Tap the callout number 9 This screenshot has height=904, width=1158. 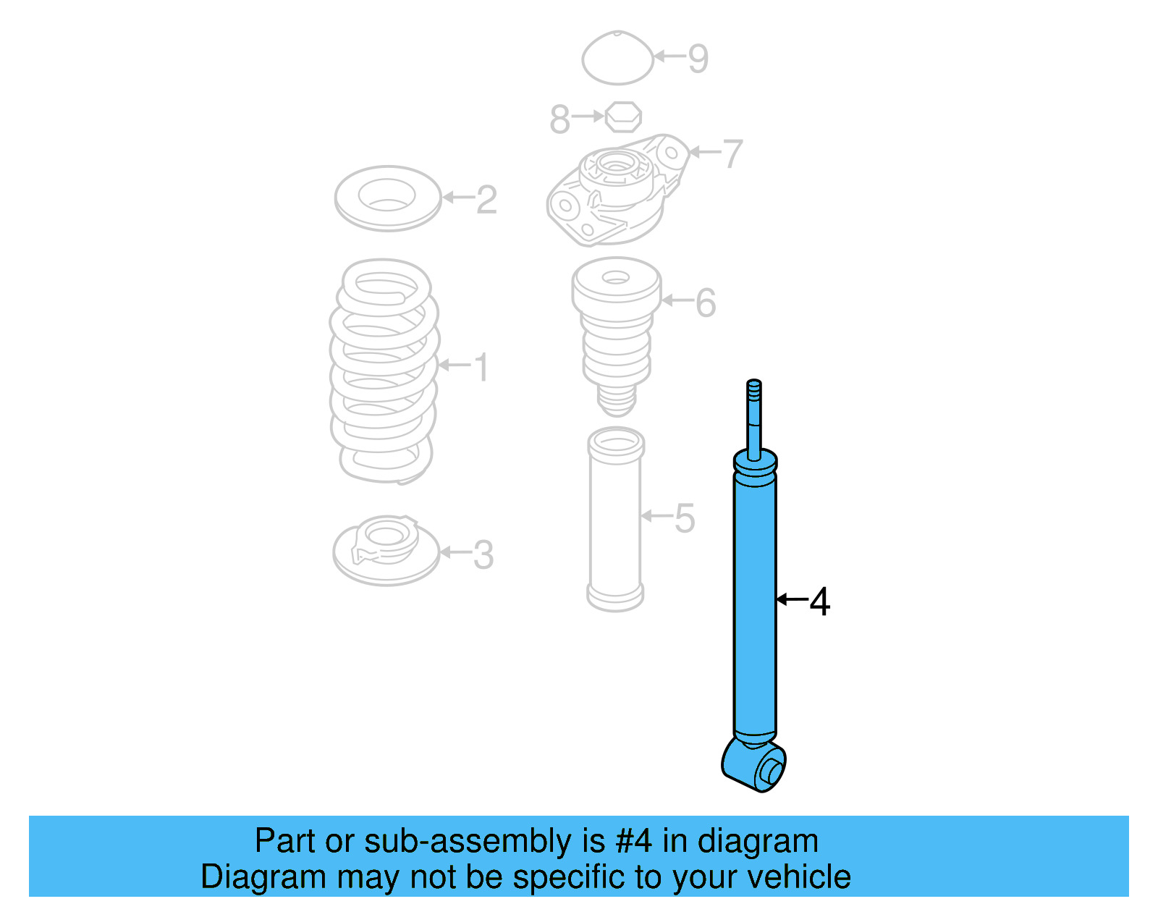[698, 59]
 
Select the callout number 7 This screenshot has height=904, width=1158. [732, 154]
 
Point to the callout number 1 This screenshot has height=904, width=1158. [481, 368]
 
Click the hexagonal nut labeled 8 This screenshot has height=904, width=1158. [623, 116]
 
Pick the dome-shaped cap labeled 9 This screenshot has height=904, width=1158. [617, 59]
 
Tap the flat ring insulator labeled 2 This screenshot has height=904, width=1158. [388, 198]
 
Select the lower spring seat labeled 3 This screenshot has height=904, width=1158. [386, 552]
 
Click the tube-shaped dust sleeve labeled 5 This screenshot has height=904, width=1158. [615, 519]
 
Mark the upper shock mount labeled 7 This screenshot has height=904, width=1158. [615, 190]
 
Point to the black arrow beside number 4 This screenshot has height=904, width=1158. [791, 599]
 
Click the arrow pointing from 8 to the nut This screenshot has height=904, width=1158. [588, 116]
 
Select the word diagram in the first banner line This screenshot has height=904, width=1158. [758, 842]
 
